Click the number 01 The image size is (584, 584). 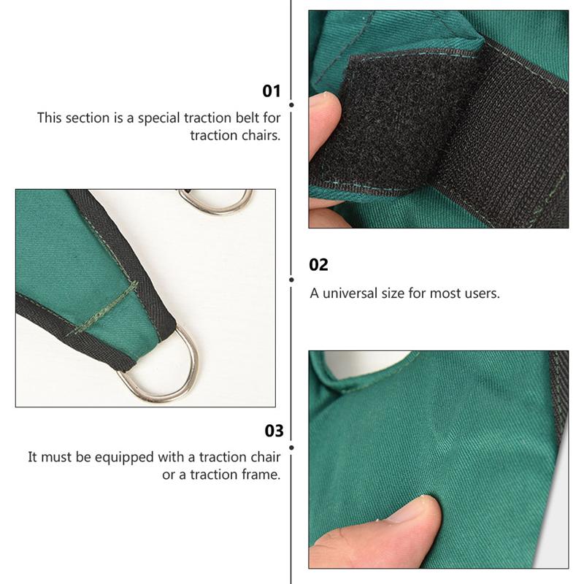(272, 91)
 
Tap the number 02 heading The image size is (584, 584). (319, 265)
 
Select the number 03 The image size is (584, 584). (274, 431)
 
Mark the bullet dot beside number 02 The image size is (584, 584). (291, 279)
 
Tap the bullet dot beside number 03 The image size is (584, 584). (291, 446)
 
